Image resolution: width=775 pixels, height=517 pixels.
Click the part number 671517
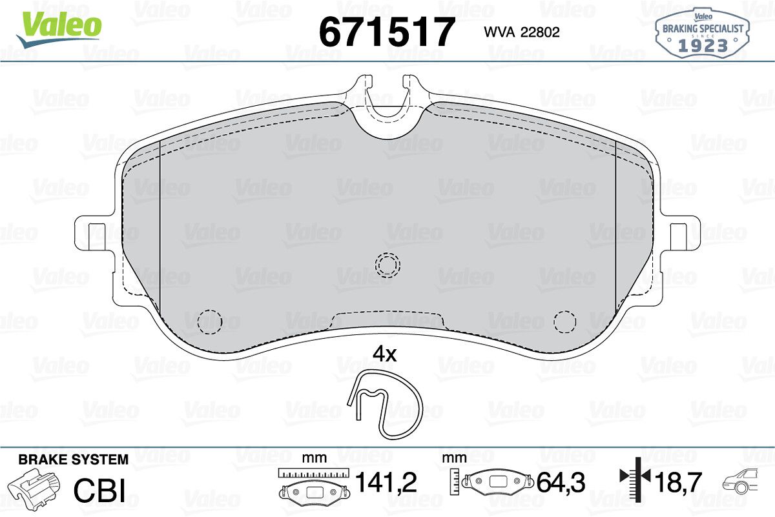pyautogui.click(x=386, y=32)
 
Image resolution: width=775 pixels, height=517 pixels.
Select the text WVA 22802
pyautogui.click(x=522, y=32)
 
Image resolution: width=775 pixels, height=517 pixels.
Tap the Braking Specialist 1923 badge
pyautogui.click(x=703, y=34)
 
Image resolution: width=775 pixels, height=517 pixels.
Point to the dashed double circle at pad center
pyautogui.click(x=387, y=265)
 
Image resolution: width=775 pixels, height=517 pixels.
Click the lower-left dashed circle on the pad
pyautogui.click(x=210, y=321)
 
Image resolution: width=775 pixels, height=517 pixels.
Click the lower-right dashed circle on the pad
pyautogui.click(x=564, y=321)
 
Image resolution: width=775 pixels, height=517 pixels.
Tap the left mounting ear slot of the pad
pyautogui.click(x=97, y=237)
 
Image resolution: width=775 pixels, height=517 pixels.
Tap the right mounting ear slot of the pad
pyautogui.click(x=679, y=237)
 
